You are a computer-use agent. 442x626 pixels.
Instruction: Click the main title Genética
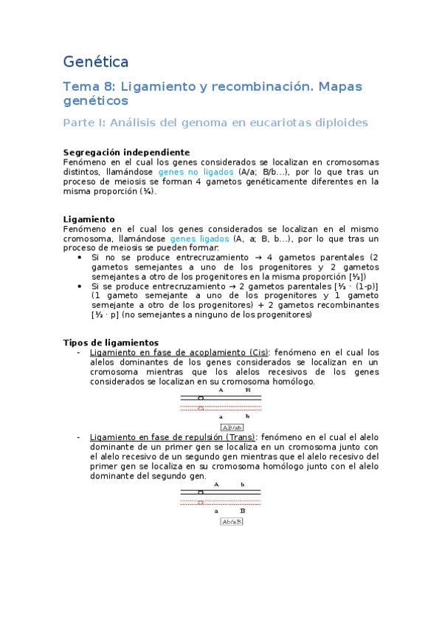(x=96, y=61)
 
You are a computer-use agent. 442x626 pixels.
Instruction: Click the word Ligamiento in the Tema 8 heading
(x=159, y=87)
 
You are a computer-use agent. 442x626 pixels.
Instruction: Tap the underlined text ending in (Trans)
(x=175, y=438)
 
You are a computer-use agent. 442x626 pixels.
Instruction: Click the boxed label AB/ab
(x=232, y=427)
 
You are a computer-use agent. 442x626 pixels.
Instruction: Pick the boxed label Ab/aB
(x=232, y=522)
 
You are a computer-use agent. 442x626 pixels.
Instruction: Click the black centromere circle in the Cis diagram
(x=201, y=399)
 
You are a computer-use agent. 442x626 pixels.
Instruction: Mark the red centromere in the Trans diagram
(x=201, y=502)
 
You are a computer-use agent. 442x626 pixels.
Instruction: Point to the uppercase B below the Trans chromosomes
(x=242, y=511)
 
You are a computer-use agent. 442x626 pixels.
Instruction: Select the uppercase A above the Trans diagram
(x=216, y=485)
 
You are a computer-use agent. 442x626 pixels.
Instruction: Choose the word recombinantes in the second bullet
(x=345, y=305)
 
